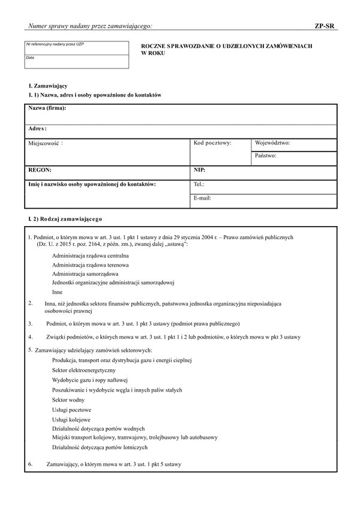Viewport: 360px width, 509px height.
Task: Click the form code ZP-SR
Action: pos(325,26)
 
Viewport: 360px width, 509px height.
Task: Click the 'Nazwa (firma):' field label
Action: pos(47,108)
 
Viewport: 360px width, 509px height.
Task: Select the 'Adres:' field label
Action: pos(38,128)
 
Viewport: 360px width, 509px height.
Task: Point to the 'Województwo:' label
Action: pos(272,143)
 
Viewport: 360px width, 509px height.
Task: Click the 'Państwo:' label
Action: pos(265,155)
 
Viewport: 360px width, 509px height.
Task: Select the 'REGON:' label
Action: pos(40,170)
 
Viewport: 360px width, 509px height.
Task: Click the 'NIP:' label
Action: pos(199,170)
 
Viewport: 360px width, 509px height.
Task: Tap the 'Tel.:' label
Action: pos(199,184)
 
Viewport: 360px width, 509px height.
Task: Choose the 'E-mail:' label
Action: pos(202,197)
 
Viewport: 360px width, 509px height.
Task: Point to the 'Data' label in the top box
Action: pos(30,58)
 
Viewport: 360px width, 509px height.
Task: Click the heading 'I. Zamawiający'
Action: pos(48,86)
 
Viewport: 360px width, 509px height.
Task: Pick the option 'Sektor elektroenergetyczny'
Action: pos(83,371)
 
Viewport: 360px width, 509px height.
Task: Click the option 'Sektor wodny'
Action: pos(68,399)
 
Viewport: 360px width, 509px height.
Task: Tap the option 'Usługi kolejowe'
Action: pos(71,419)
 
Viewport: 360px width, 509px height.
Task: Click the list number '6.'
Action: pos(31,463)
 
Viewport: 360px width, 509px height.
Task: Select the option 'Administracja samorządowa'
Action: pos(85,273)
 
